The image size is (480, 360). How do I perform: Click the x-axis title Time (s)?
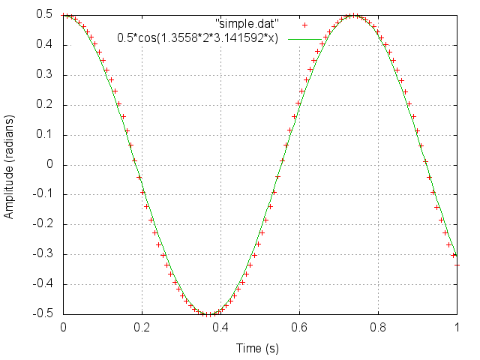pyautogui.click(x=258, y=348)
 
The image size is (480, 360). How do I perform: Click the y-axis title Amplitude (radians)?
pyautogui.click(x=9, y=164)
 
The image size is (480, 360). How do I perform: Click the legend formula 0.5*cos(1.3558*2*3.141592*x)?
pyautogui.click(x=198, y=38)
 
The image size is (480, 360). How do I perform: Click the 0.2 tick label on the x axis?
pyautogui.click(x=142, y=327)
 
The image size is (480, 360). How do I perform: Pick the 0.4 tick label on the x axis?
pyautogui.click(x=220, y=327)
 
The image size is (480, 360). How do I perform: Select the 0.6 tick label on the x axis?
pyautogui.click(x=299, y=327)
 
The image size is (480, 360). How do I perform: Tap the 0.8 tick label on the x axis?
pyautogui.click(x=378, y=327)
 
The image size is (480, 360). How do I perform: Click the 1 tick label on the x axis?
pyautogui.click(x=457, y=327)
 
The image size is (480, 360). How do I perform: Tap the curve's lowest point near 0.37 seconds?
pyautogui.click(x=208, y=314)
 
